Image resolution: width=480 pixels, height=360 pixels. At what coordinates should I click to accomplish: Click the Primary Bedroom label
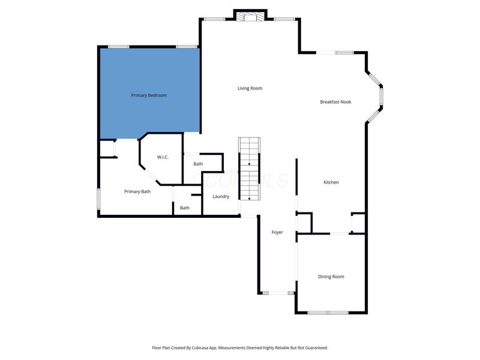149,95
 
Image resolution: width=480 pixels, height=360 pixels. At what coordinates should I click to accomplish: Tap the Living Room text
250,88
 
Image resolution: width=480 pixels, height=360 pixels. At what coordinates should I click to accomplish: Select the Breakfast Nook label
335,102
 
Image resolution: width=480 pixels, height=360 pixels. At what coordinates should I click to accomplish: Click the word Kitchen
331,182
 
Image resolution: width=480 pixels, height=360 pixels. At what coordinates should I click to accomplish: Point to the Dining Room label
331,277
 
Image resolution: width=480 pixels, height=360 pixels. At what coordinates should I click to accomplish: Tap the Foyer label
277,232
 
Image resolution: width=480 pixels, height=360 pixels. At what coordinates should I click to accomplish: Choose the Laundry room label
221,196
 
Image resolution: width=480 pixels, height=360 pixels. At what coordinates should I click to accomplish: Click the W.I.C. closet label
163,157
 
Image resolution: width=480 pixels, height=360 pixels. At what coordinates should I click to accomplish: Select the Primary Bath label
137,191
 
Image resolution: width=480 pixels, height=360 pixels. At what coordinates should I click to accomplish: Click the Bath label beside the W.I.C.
198,164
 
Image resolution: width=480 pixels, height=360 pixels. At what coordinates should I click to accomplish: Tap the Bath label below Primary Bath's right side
185,208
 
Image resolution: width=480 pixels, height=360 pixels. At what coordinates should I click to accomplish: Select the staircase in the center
250,169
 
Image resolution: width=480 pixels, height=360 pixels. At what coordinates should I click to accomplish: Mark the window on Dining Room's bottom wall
328,313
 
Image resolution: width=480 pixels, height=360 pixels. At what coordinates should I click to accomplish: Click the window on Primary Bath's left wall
99,199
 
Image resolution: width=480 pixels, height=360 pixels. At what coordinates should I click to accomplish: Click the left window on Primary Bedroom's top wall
119,47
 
